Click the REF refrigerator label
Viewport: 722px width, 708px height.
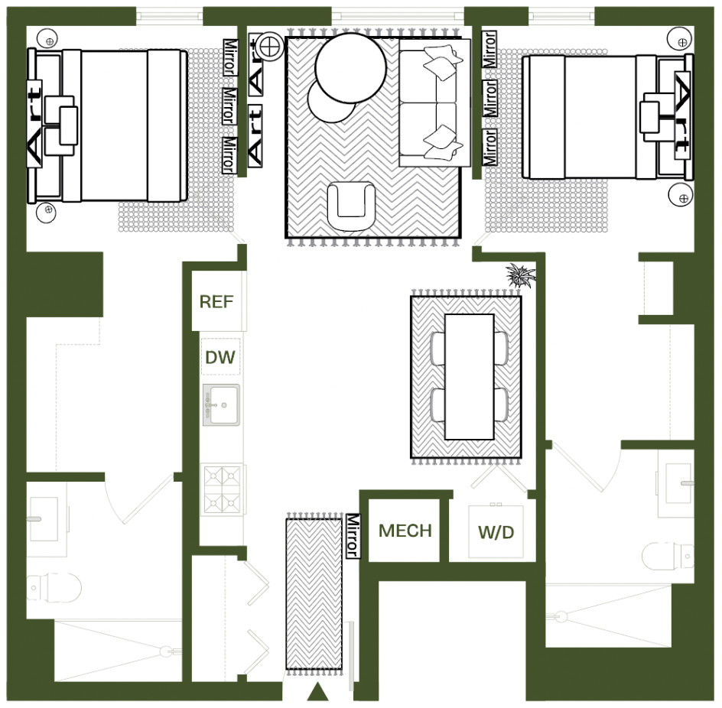tap(216, 302)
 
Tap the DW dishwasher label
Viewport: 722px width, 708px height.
tap(220, 357)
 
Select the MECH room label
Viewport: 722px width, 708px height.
tap(405, 531)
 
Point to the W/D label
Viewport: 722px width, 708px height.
tap(496, 533)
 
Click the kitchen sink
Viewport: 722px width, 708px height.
tap(221, 405)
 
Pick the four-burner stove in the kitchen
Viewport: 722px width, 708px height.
tap(223, 490)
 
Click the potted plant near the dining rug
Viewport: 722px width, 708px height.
tap(521, 275)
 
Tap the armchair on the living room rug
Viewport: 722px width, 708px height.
tap(351, 206)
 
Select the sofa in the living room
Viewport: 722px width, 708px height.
tap(434, 102)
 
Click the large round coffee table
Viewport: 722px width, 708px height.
tap(351, 68)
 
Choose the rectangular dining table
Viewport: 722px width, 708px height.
tap(469, 377)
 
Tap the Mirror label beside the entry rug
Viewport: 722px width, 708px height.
tap(353, 536)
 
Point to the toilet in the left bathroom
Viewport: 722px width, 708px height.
tap(54, 587)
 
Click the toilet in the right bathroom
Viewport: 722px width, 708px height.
tap(668, 555)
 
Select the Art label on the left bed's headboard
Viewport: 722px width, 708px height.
tap(34, 123)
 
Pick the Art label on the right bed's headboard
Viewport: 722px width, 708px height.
tap(682, 115)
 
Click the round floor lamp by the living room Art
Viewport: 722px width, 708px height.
tap(269, 46)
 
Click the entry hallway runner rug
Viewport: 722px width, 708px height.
tap(314, 594)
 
